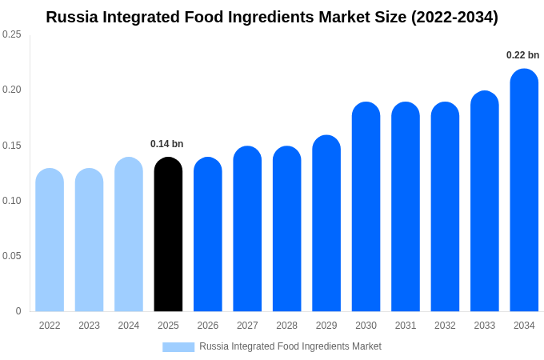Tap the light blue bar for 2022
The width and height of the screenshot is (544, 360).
tap(50, 240)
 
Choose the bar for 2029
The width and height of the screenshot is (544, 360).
tap(326, 223)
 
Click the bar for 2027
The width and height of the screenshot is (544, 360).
tap(247, 229)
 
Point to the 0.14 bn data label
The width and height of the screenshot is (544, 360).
tap(167, 144)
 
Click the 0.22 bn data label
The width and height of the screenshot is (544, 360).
tap(522, 55)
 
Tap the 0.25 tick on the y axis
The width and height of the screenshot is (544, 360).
tap(12, 34)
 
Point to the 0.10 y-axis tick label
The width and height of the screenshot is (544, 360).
tap(12, 201)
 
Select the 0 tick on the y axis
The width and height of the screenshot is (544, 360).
tap(18, 311)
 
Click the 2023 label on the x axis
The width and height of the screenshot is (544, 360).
tap(89, 326)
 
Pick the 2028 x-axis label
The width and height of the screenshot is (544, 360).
tap(286, 326)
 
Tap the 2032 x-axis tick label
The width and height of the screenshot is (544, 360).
tap(445, 326)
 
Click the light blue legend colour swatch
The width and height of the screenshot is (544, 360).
tap(178, 346)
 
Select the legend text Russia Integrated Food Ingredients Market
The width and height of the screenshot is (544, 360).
tap(290, 346)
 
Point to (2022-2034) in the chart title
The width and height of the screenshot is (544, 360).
tap(454, 17)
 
